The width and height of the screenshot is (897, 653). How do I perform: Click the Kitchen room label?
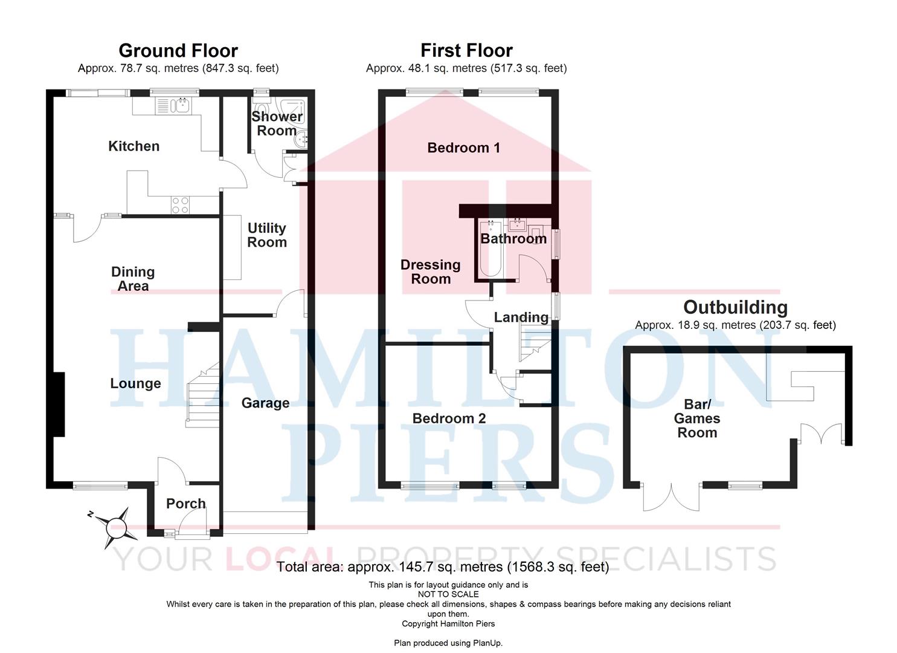(133, 146)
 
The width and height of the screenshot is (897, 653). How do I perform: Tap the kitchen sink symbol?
(181, 106)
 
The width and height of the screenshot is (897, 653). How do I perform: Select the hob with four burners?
(179, 205)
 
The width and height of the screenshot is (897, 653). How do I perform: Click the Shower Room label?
(277, 123)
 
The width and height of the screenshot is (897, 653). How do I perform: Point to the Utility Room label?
(266, 235)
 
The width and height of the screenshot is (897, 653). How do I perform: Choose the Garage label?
(265, 403)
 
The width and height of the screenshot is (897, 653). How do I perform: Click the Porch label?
(185, 503)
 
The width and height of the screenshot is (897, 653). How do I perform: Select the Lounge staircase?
(202, 396)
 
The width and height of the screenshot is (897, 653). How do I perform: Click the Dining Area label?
(133, 279)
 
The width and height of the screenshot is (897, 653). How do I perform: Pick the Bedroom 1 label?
(463, 148)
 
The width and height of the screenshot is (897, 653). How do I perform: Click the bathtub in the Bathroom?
(490, 249)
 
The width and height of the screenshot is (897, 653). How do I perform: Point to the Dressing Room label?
(430, 271)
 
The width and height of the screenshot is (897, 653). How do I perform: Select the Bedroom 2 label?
(449, 418)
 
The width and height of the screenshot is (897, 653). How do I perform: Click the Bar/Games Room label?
(696, 418)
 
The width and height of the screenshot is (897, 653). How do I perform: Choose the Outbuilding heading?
(735, 307)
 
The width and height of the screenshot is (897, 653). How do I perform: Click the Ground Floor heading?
(178, 50)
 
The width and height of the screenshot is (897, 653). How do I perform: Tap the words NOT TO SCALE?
(448, 594)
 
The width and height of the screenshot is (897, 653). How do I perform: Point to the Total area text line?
(443, 567)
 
